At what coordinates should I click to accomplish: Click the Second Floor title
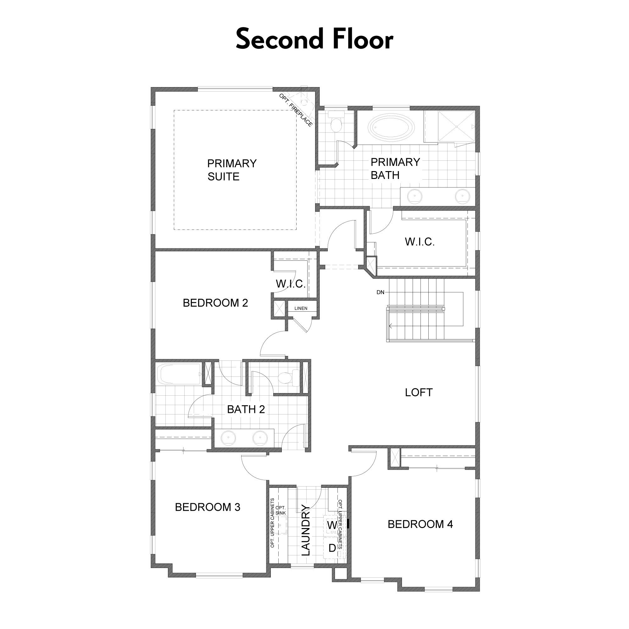coord(314,39)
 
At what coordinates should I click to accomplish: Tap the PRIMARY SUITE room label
coord(232,170)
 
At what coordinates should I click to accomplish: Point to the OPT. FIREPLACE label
coord(296,110)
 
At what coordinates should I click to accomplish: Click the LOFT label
coord(419,392)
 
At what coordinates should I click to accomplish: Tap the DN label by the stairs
coord(380,292)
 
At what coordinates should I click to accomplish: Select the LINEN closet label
coord(301,308)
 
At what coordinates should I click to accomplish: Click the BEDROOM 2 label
coord(215,303)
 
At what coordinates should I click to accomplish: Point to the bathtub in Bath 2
coord(179,374)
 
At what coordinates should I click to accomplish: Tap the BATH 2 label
coord(246,409)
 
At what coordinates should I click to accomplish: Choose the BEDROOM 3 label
coord(208,507)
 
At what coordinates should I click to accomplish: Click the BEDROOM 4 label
coord(420,524)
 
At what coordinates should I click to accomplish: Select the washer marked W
coord(332,525)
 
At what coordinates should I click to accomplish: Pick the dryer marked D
coord(332,548)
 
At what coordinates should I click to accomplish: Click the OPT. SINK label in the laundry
coord(281,510)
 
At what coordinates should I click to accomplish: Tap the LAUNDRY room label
coord(306,530)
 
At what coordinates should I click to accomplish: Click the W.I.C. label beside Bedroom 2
coord(291,284)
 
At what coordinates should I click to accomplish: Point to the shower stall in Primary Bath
coord(457,126)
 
